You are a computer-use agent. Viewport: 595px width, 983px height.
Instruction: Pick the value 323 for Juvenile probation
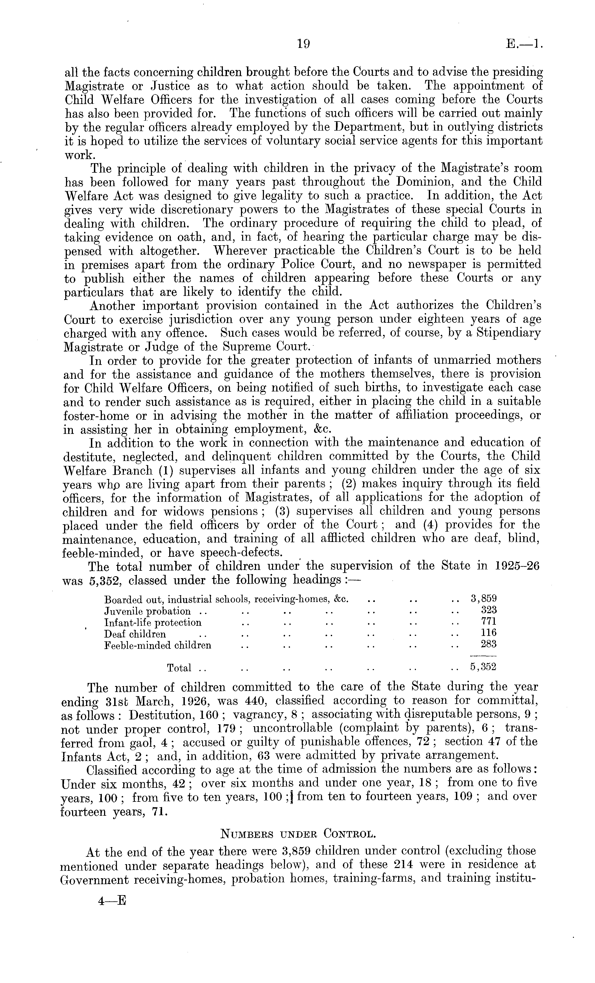tap(488, 610)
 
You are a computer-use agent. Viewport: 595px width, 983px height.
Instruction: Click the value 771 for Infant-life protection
tap(488, 622)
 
